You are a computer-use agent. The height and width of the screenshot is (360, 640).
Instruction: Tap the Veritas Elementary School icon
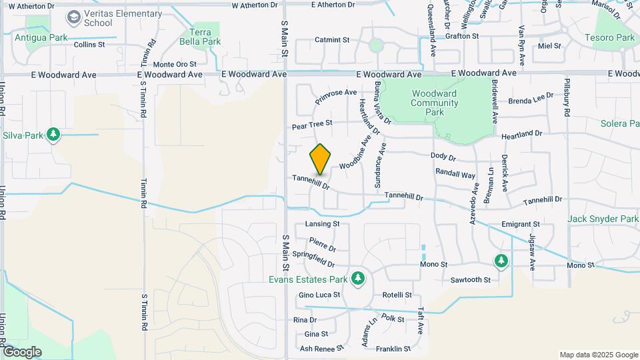(73, 15)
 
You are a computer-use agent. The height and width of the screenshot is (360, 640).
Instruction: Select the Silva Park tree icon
(53, 135)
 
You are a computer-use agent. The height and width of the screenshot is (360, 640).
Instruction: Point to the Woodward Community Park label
(434, 103)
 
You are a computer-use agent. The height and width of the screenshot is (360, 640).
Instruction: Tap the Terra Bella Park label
(205, 37)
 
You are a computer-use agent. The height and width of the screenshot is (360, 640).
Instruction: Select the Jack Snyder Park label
(603, 219)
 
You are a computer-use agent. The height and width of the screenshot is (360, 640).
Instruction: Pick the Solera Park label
(619, 123)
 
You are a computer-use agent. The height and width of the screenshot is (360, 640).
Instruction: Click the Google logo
(22, 351)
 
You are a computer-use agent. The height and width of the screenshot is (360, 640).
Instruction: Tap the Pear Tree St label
(311, 125)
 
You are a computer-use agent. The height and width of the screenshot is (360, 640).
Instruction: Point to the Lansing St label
(322, 224)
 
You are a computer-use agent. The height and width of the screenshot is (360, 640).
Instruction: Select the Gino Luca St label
(319, 295)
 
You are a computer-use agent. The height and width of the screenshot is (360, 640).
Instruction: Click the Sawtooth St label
(470, 280)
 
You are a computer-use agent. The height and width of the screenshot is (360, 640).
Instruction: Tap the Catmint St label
(332, 40)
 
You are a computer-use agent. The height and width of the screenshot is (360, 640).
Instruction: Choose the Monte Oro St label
(175, 64)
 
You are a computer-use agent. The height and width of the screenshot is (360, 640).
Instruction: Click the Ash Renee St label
(321, 348)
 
